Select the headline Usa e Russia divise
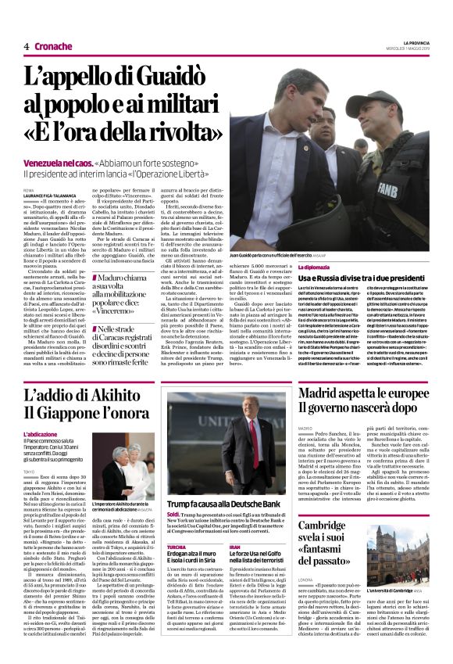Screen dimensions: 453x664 (367, 279)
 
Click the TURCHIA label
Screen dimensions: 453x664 (177, 546)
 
